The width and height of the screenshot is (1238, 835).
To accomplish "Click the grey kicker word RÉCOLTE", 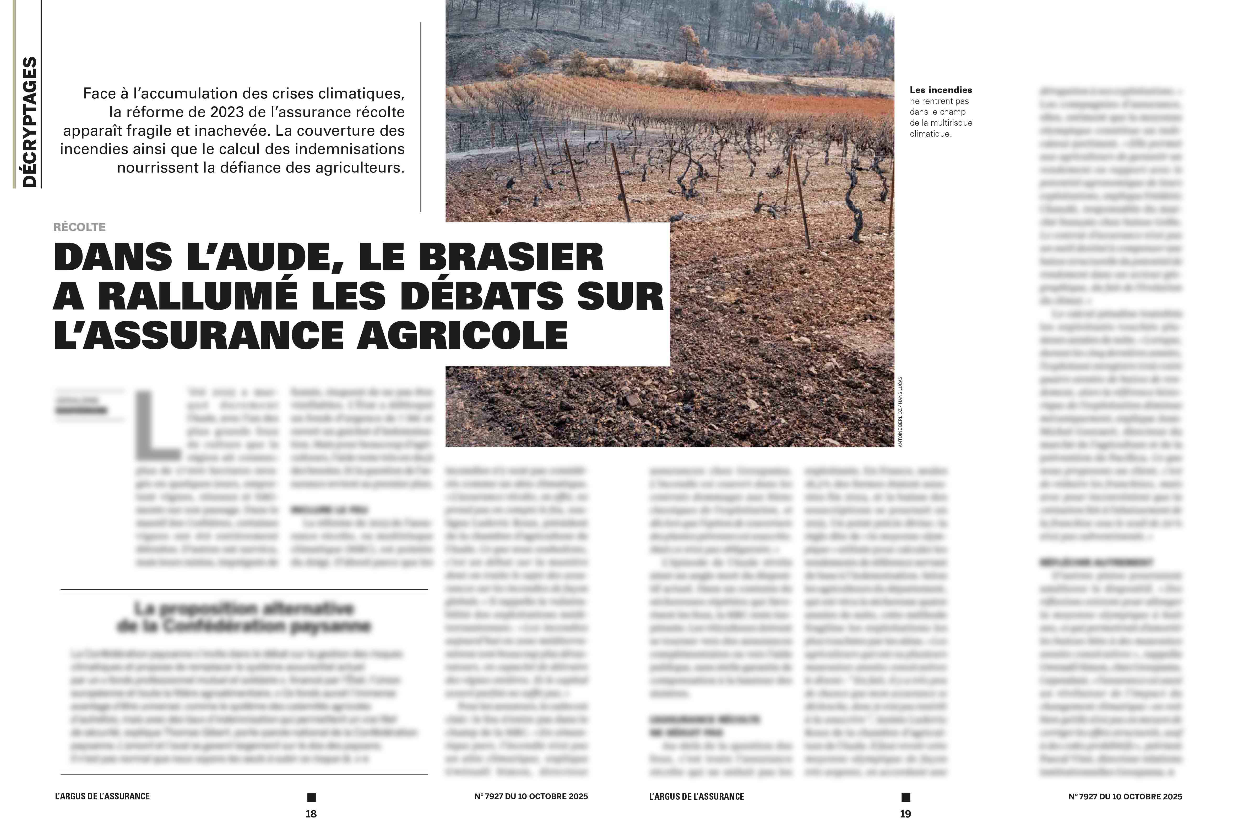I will click(79, 227).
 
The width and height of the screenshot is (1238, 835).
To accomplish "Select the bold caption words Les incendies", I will click(941, 90).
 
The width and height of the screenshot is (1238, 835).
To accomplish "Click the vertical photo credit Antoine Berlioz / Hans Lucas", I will click(900, 411).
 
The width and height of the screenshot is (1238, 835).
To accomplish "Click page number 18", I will click(311, 814).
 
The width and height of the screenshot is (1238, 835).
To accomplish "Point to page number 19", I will click(906, 814).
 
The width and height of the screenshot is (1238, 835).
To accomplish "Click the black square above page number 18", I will click(312, 797).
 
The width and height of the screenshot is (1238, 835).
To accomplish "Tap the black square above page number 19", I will click(906, 797).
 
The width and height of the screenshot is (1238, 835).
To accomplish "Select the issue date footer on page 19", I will click(1125, 797).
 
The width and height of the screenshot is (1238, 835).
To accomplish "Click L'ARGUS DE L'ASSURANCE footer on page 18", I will click(102, 797).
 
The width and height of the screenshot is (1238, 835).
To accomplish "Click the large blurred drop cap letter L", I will click(157, 426).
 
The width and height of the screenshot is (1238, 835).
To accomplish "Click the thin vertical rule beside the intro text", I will click(421, 117).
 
